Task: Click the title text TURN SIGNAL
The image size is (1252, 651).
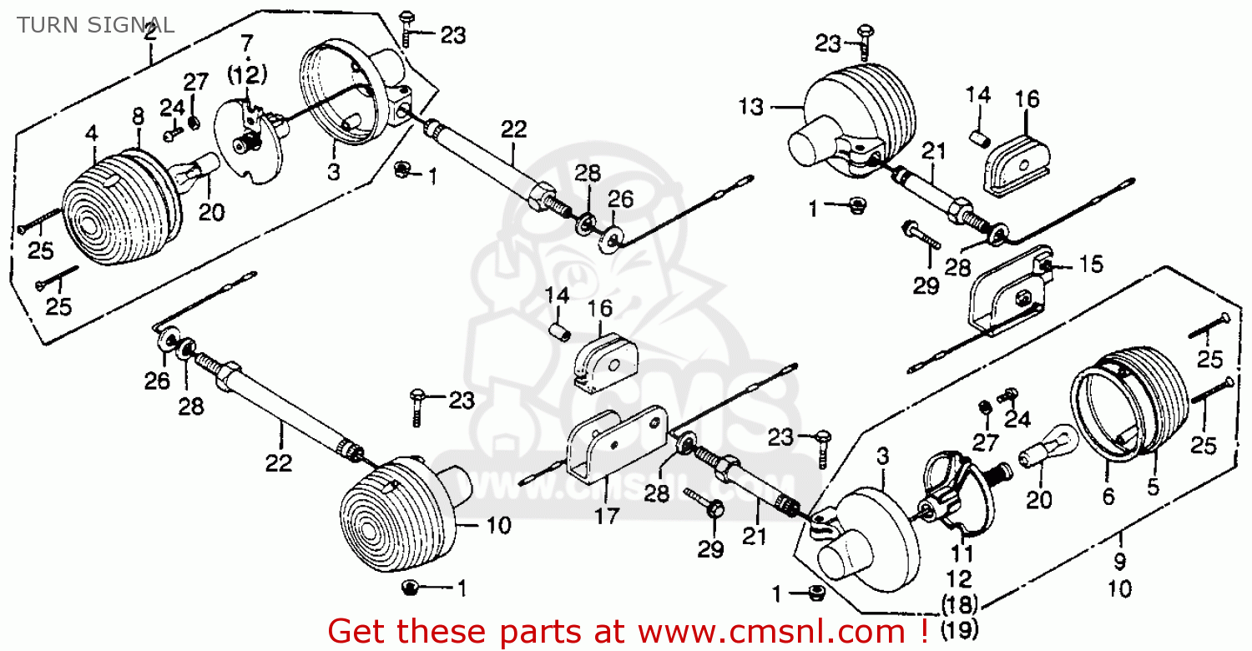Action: click(x=95, y=25)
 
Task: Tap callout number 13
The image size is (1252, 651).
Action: click(x=751, y=107)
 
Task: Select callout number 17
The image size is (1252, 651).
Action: click(x=607, y=516)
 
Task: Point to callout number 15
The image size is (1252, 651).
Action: click(x=1090, y=265)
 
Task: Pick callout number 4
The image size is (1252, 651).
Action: click(x=92, y=132)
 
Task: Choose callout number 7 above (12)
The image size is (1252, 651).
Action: click(x=245, y=42)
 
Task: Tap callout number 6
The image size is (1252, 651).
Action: click(x=1108, y=497)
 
